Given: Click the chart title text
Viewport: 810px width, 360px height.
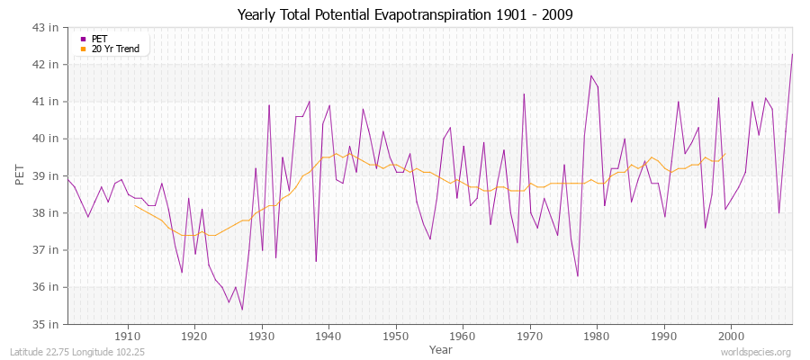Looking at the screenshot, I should pyautogui.click(x=405, y=14).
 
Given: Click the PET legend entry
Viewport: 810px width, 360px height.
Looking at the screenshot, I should pyautogui.click(x=99, y=39).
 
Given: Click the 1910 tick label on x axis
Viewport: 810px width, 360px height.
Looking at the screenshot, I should pyautogui.click(x=128, y=337).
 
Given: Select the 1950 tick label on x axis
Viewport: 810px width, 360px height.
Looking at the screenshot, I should pyautogui.click(x=395, y=337).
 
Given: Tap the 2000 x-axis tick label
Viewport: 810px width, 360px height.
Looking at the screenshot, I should pyautogui.click(x=730, y=337).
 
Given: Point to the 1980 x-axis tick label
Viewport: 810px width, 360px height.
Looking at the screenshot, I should pyautogui.click(x=596, y=337).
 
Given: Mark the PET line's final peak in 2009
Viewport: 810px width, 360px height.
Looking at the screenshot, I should pyautogui.click(x=792, y=55).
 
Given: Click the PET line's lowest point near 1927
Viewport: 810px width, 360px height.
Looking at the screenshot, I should pyautogui.click(x=242, y=310).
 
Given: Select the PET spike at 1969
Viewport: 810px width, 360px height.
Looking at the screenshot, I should pyautogui.click(x=524, y=94).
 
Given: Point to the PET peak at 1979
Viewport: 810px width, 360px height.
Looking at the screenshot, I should pyautogui.click(x=590, y=76).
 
